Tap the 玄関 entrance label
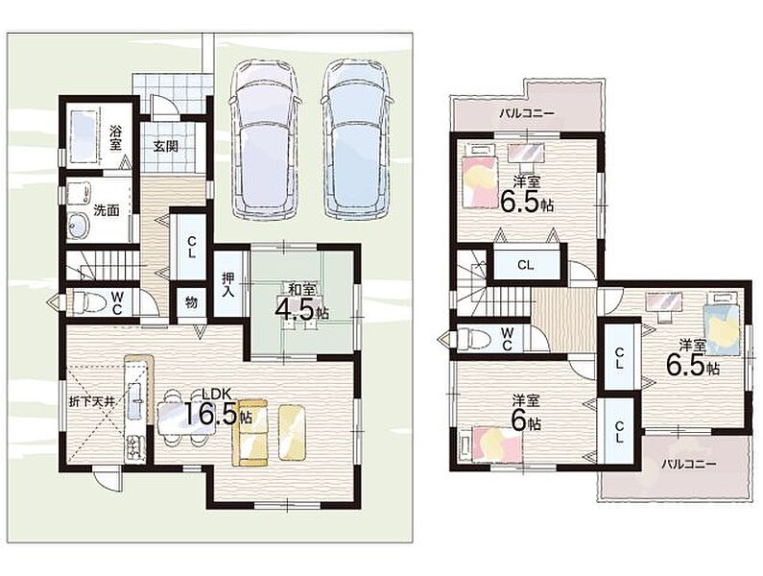point(165,146)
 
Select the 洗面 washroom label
point(107,210)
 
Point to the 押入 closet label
point(227,285)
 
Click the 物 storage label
point(191,302)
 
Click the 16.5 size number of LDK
point(211,413)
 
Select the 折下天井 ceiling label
point(91,402)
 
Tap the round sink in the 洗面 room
point(78,226)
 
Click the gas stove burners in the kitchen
point(134,447)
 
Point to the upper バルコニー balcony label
point(527,113)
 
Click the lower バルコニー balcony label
point(688,464)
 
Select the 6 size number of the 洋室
point(519,422)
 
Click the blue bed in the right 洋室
point(722,323)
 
